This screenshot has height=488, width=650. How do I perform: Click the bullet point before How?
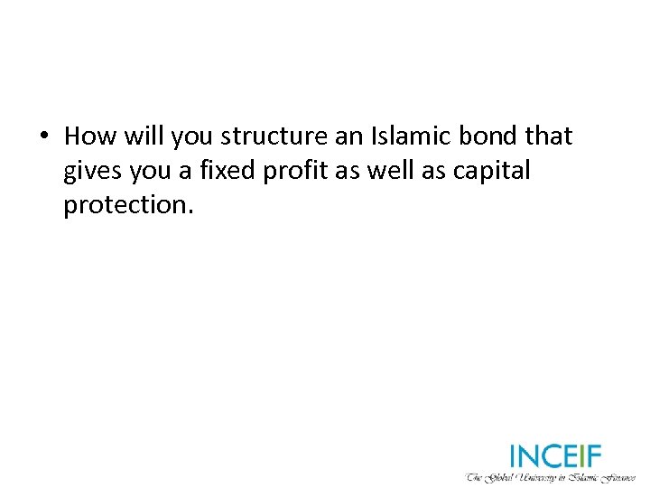tap(42, 136)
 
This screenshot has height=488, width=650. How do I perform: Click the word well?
tap(389, 171)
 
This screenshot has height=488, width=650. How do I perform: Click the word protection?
tap(125, 205)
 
